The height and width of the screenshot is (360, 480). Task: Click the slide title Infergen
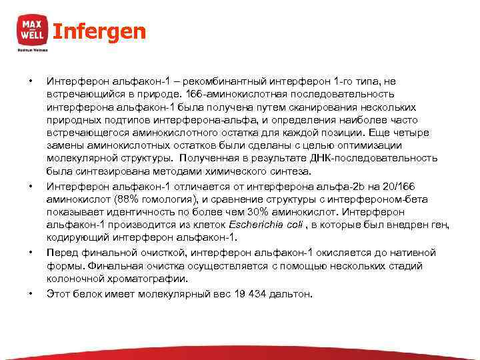tap(99, 31)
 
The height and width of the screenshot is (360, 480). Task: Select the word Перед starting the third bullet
tap(62, 253)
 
